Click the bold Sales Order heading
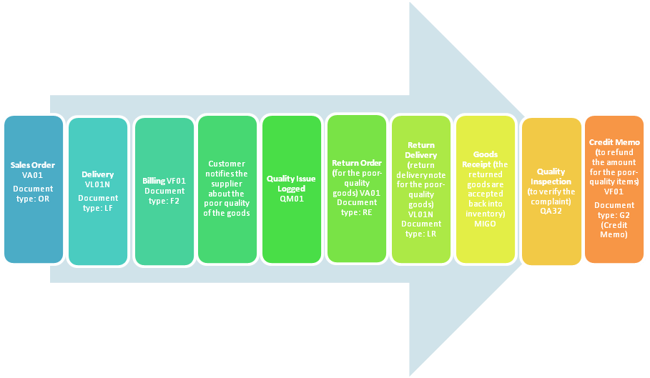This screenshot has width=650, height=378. coord(33,165)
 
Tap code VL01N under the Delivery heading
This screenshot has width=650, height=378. coord(98,184)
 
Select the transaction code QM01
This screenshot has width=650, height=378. coord(292,199)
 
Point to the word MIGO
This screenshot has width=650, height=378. coord(485,224)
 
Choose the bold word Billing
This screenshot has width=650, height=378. coord(153,181)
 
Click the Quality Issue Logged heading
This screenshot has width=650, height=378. coord(292,184)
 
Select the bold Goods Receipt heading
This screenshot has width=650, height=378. coord(485,159)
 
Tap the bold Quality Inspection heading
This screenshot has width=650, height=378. coord(551,176)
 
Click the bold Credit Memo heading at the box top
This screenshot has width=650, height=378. coord(614,142)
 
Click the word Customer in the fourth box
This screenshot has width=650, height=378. coord(227,164)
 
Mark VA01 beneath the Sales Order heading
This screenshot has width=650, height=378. coord(33,174)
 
